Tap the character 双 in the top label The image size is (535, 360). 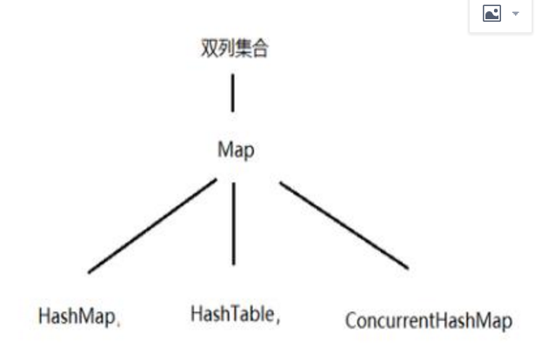coord(209,48)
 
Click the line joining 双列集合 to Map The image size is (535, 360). coord(232,93)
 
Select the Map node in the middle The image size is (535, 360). coord(235,150)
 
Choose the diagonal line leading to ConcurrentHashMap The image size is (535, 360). coord(344,225)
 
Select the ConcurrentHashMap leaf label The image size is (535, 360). coord(428,320)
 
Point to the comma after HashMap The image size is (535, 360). coord(118,323)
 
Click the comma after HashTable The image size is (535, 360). coord(278,320)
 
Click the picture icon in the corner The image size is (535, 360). coord(492,14)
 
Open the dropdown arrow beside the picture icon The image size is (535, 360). coord(514,15)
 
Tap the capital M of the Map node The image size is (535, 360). coord(223,150)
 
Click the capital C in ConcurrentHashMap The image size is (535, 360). coord(350,319)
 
